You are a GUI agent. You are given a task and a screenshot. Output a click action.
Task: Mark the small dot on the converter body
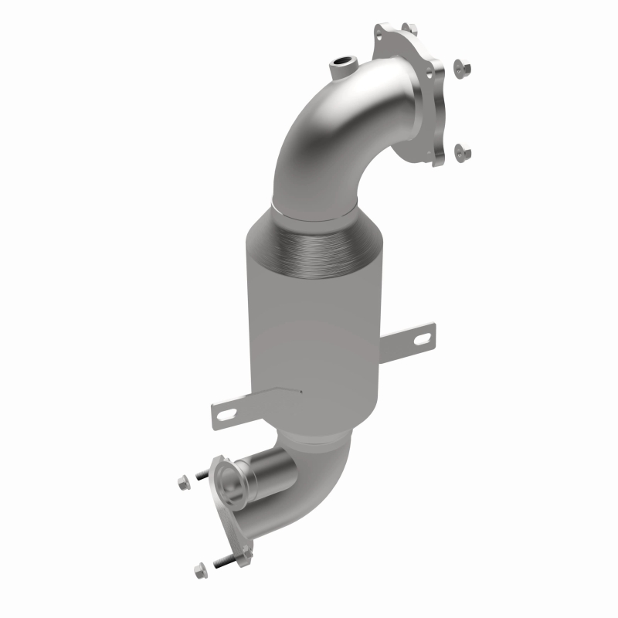301,392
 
